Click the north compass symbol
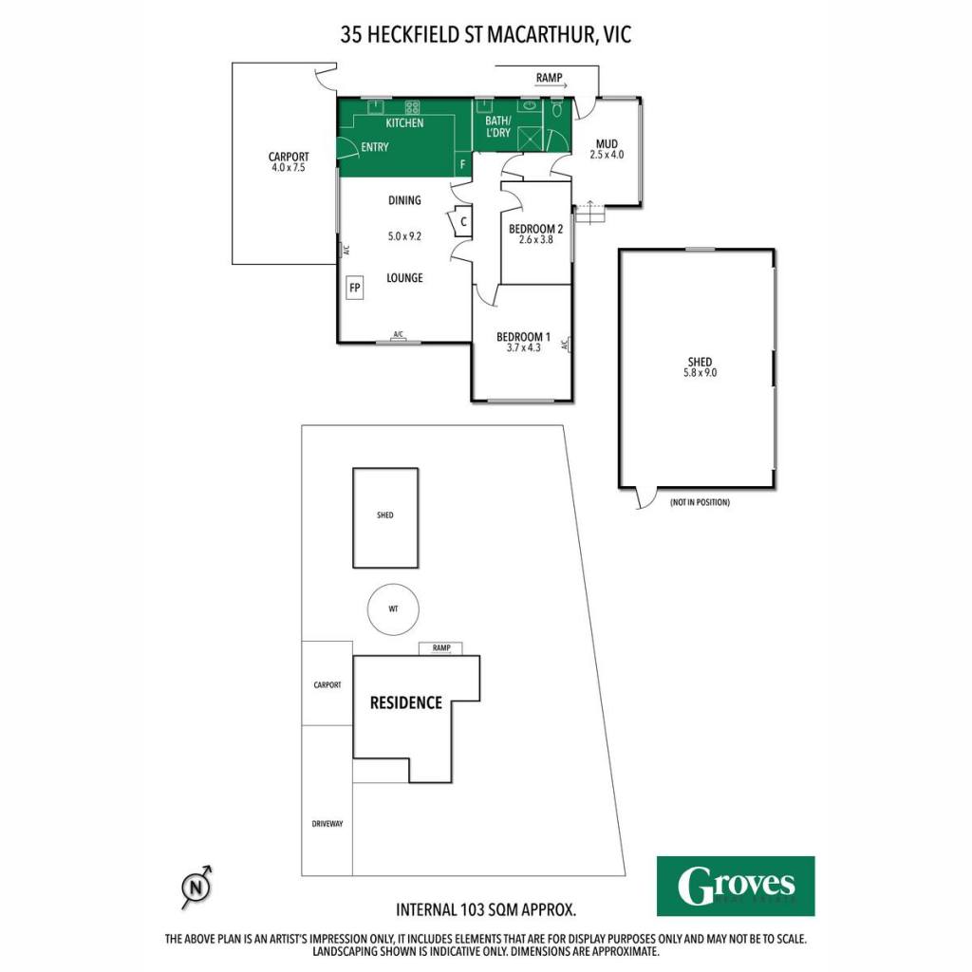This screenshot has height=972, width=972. pos(196,888)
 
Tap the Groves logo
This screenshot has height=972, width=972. pos(736,886)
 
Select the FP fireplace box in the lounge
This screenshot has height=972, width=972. pos(355,288)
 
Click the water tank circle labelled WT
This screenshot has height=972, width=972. pos(393,608)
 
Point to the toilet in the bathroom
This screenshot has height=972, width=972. pos(556,110)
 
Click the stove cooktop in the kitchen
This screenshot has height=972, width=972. pos(412,106)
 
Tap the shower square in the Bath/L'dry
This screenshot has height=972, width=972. pos(530,138)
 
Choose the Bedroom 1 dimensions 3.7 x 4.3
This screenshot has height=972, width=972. pos(523,347)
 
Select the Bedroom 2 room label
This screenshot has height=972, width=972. pos(535,229)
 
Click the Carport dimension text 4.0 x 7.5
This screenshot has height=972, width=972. pos(289,167)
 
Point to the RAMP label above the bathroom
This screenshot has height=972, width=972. pos(550,78)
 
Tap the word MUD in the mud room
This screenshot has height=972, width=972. pos(607,144)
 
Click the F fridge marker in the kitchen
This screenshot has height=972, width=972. pos(462,165)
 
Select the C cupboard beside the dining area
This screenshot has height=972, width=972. pos(463,221)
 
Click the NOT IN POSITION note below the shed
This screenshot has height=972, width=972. pos(700,502)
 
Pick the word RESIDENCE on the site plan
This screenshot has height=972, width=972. pos(406,702)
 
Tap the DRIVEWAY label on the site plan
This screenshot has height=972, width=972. pos(327,824)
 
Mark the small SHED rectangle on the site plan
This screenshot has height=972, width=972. pos(385,517)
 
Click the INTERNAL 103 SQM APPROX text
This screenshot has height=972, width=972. pos(486,910)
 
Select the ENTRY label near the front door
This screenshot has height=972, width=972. pos(374,147)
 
